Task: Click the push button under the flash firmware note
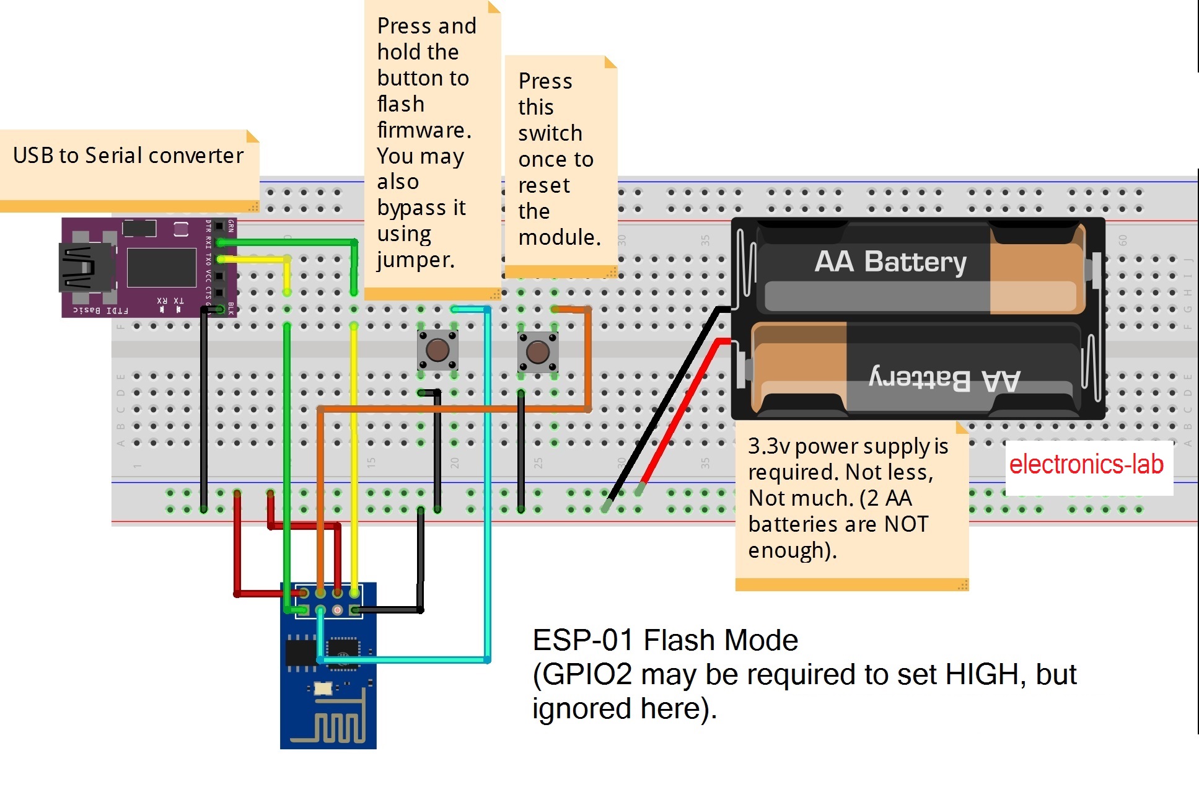coord(437,350)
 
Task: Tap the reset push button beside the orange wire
coord(537,352)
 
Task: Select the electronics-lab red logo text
coord(1086,464)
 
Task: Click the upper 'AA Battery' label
coord(890,262)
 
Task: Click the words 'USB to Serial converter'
coord(128,156)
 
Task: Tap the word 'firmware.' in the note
coord(424,130)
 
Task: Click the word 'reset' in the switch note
coord(543,185)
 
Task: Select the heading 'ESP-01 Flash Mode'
coord(665,640)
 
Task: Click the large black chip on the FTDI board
coord(161,268)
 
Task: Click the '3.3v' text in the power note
coord(768,446)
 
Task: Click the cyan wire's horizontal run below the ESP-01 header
coord(403,660)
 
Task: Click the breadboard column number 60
coord(1123,240)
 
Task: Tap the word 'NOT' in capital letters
coord(906,524)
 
